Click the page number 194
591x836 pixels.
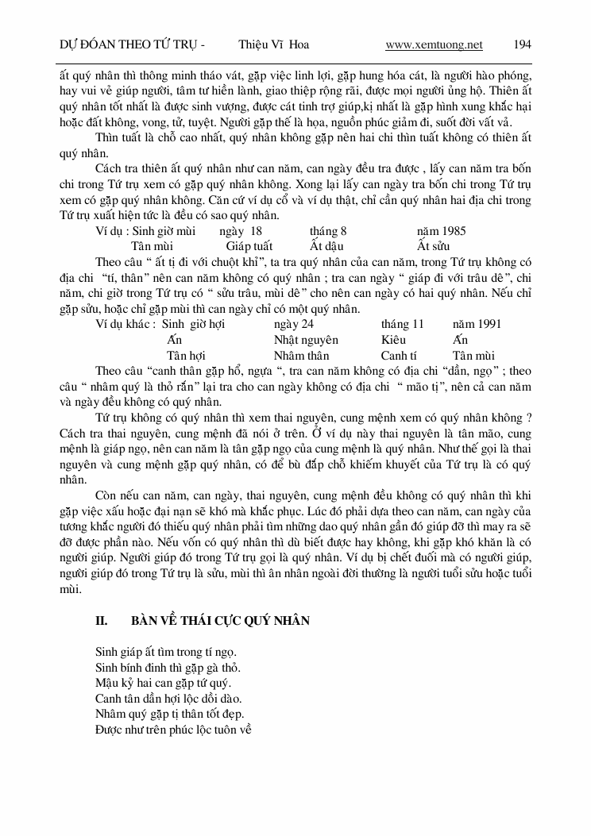tap(522, 44)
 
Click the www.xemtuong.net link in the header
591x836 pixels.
tap(434, 44)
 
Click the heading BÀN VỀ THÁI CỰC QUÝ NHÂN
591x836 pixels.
tap(220, 621)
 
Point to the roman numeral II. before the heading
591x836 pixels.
tap(102, 621)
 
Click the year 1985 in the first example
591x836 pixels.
tap(441, 231)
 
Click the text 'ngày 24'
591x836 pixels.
tap(293, 325)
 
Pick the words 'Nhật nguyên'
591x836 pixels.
tap(305, 340)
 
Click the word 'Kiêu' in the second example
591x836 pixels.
tap(394, 340)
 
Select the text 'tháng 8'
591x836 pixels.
tap(328, 231)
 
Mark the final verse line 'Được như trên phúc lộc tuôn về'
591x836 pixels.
tap(173, 728)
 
